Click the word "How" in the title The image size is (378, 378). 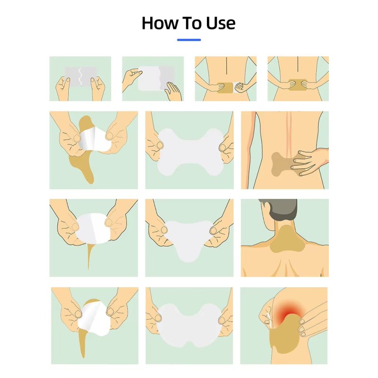[x=161, y=23]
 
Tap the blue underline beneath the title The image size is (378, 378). [x=189, y=40]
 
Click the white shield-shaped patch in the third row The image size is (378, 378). [x=189, y=236]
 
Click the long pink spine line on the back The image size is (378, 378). [x=288, y=135]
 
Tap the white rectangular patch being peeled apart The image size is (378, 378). [x=151, y=78]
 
